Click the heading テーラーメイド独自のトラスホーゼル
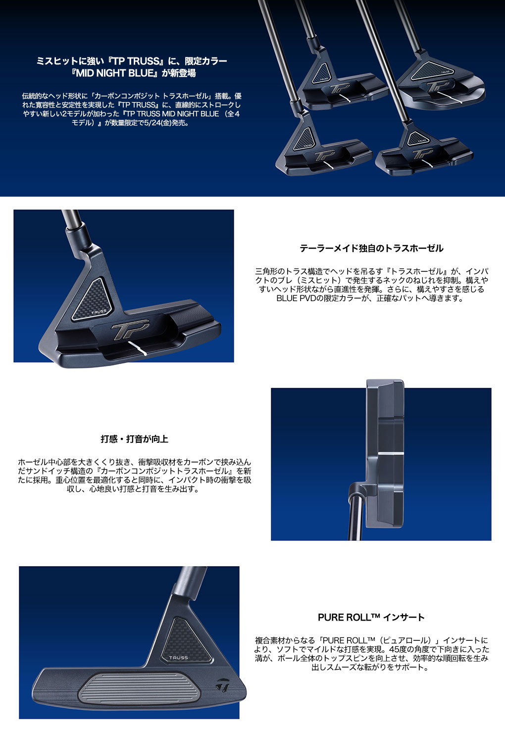pos(371,249)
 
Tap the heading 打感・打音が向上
pos(135,439)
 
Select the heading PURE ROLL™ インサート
pos(371,618)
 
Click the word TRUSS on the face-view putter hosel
pos(178,658)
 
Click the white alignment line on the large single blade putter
pos(138,349)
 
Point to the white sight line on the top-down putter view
pos(391,453)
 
